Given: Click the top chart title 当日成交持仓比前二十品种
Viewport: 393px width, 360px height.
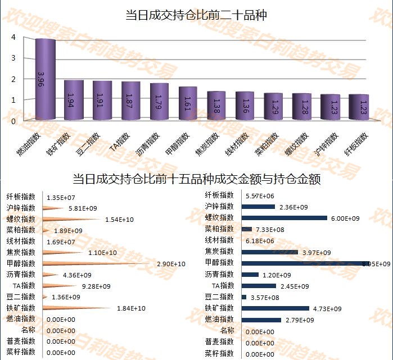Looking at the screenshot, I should [196, 15].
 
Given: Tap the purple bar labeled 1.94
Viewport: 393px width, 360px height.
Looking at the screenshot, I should [74, 100].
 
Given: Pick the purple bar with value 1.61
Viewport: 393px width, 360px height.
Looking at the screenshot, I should [188, 103].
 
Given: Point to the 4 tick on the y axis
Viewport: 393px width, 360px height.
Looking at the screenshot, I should [13, 37].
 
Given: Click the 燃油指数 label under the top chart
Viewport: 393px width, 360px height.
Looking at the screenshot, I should [30, 144].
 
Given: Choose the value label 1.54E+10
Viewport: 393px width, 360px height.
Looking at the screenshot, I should [119, 219].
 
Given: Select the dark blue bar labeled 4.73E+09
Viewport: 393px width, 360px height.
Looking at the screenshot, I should [275, 308].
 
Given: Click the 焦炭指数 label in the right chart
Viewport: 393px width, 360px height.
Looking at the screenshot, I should [219, 252].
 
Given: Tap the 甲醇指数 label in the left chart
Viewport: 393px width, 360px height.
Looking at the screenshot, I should [21, 263].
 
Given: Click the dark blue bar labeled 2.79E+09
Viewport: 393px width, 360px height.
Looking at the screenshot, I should [261, 320].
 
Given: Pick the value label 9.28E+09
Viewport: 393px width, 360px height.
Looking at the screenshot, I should [96, 286].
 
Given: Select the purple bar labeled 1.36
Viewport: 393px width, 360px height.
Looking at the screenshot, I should [245, 106].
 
